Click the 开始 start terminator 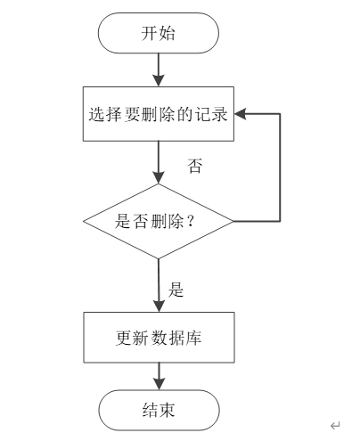tap(159, 33)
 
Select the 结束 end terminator tap(159, 410)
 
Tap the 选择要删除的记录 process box tap(159, 114)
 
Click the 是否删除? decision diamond tap(159, 221)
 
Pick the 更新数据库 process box tap(159, 338)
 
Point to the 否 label tap(195, 166)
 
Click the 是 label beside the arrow tap(176, 290)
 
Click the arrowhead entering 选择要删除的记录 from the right tap(240, 114)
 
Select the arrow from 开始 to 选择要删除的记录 tap(159, 70)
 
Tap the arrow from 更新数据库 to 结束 tap(160, 376)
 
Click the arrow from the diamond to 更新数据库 tap(159, 285)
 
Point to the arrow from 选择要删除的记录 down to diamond tap(159, 162)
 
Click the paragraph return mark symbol tap(335, 426)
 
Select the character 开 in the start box tap(150, 33)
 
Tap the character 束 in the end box tap(168, 410)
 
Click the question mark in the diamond tap(191, 221)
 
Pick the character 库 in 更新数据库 tap(193, 338)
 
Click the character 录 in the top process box tap(220, 114)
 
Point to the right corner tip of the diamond tap(233, 221)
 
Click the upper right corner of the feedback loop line tap(280, 114)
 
